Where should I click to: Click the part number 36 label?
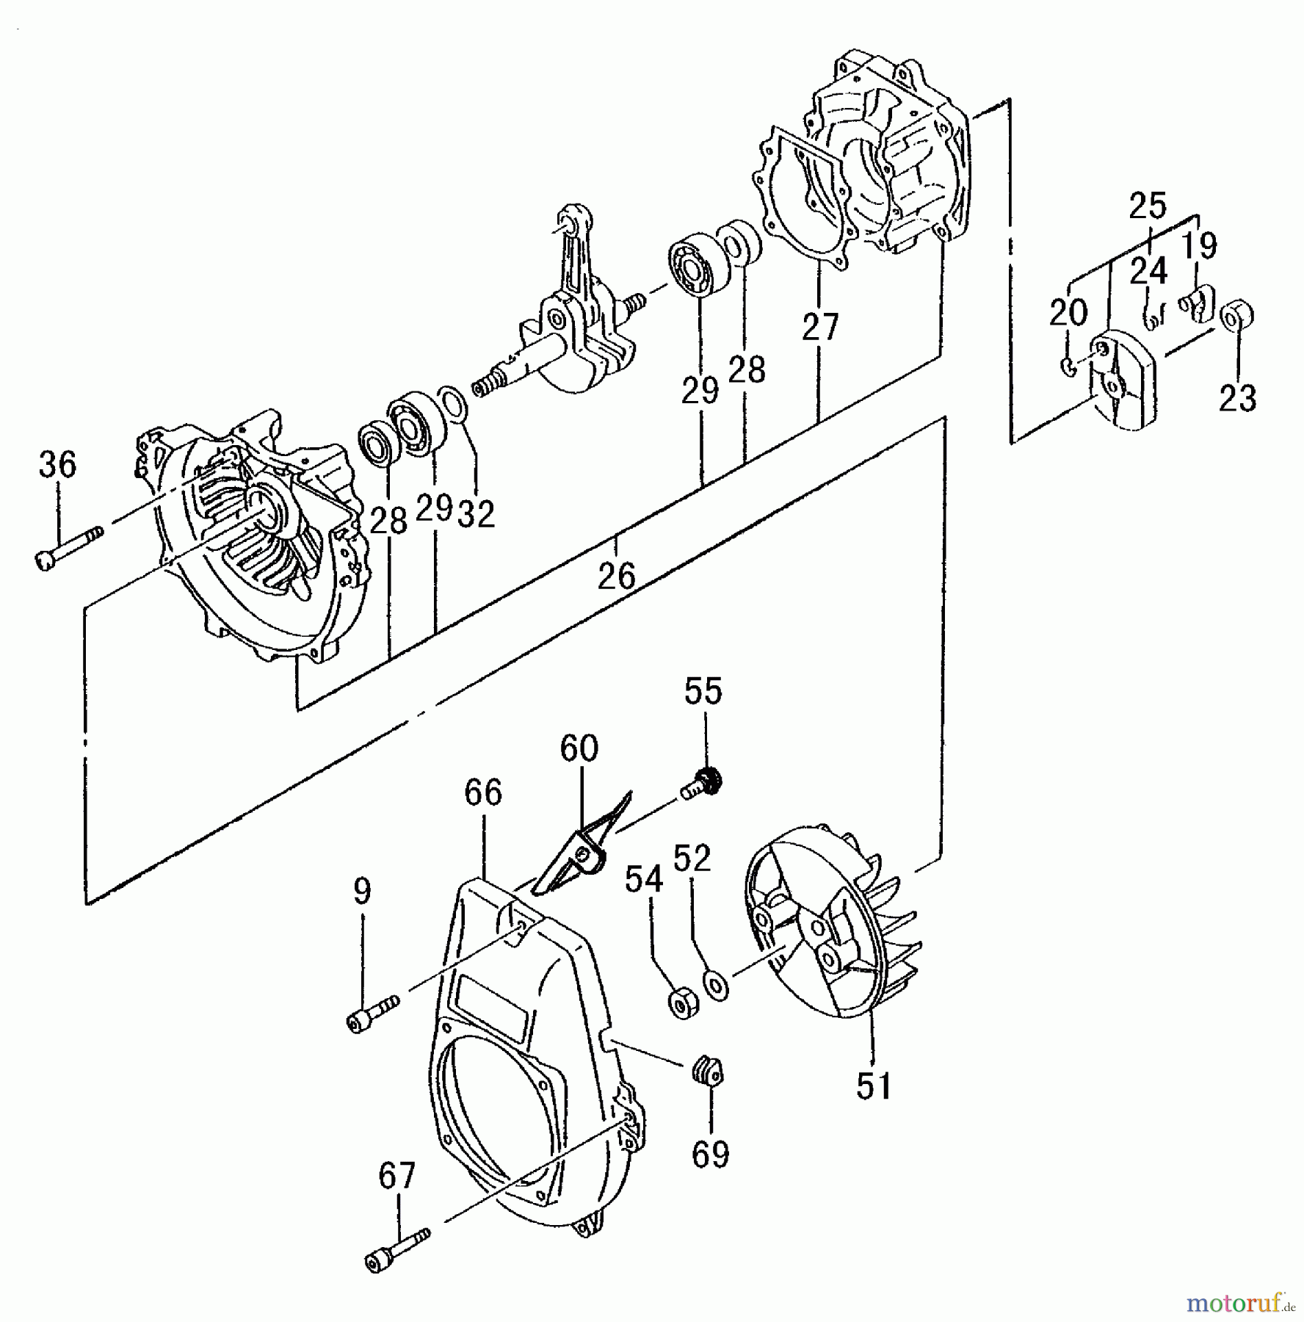click(57, 465)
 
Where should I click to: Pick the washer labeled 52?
click(716, 983)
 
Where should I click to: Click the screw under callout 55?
click(701, 785)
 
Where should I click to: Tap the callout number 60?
click(579, 748)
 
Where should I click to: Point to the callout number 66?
click(483, 793)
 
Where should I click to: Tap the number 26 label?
click(616, 577)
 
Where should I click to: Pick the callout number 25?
click(1148, 206)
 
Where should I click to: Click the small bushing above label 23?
click(1236, 316)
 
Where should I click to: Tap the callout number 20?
click(1068, 313)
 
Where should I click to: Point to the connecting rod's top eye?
click(569, 220)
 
